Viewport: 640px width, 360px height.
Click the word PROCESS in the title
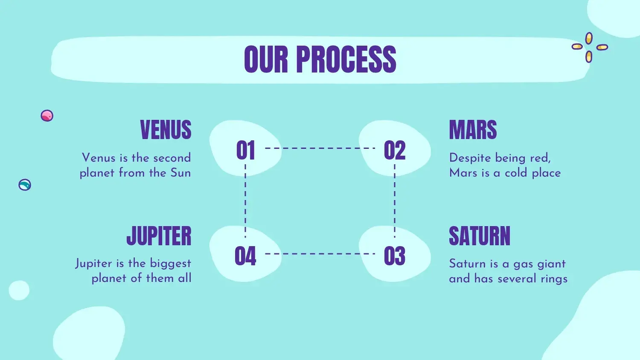pos(346,59)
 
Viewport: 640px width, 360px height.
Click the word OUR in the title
pos(266,59)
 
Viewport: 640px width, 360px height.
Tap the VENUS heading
pos(166,130)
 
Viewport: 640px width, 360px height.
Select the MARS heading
pos(473,130)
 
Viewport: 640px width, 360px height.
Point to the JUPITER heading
pos(159,236)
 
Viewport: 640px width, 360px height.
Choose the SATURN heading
pos(480,236)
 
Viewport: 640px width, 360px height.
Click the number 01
pos(245,150)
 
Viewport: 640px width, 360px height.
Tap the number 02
pos(395,150)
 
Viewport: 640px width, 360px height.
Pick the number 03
pos(395,256)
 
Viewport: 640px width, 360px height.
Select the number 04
pos(245,256)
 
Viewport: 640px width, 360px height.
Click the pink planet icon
pos(47,116)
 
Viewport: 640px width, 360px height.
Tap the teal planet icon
pos(25,185)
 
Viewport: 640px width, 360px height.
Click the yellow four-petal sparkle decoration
pos(589,47)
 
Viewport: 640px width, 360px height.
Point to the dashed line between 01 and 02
pos(320,148)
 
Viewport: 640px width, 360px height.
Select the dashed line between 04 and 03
pos(320,254)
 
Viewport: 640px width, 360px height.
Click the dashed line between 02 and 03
pos(395,201)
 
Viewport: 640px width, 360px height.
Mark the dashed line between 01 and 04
pos(245,201)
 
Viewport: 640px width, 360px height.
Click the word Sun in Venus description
pos(180,173)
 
